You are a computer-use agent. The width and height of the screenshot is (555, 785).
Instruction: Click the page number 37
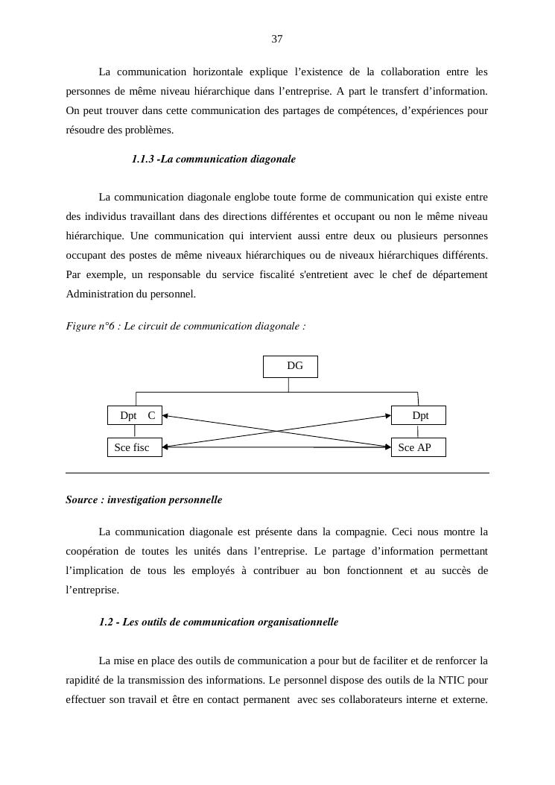click(x=276, y=39)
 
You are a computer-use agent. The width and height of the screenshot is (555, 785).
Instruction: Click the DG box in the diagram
click(x=291, y=367)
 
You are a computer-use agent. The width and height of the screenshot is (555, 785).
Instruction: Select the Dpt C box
click(x=135, y=415)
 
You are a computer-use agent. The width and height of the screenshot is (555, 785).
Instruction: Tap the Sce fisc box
click(x=135, y=447)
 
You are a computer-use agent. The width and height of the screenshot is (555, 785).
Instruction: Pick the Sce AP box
click(x=418, y=447)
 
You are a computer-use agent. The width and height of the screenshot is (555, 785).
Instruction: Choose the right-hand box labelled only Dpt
click(x=419, y=415)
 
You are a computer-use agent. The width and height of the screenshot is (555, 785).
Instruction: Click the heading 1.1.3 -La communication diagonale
click(x=213, y=159)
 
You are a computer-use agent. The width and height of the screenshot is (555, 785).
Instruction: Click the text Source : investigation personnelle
click(x=144, y=499)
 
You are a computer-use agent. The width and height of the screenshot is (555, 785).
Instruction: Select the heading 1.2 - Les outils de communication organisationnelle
click(x=218, y=622)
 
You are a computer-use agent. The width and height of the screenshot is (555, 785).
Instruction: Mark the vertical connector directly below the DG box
click(x=289, y=385)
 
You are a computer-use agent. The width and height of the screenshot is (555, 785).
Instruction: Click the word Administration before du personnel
click(x=99, y=294)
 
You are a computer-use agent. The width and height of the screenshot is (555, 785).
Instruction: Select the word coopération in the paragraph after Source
click(x=93, y=552)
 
